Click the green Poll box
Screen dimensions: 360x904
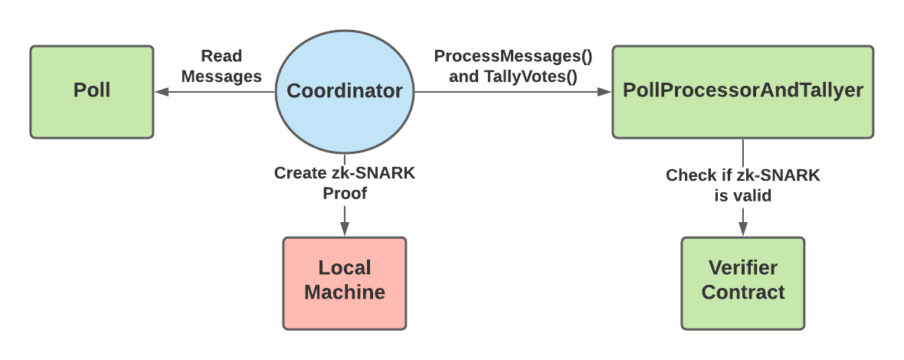pos(92,91)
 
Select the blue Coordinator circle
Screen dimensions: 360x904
pos(345,91)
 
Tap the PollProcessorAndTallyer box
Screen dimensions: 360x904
pos(742,91)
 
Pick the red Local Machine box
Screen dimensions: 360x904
pos(345,283)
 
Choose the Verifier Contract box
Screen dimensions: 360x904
pos(743,283)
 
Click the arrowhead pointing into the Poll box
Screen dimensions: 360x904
pos(160,92)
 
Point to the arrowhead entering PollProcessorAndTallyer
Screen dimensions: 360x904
pos(605,92)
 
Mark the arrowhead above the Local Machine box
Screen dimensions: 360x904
pos(345,229)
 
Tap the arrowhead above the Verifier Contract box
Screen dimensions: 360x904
pos(743,229)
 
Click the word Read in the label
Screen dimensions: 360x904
pos(221,56)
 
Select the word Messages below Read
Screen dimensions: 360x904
pos(221,76)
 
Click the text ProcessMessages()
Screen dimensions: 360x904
pos(513,56)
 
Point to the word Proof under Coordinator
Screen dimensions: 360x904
pos(345,193)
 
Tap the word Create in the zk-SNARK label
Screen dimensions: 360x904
pos(300,173)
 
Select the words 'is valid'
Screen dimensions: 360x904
pos(742,195)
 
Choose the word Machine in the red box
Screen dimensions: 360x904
pos(345,292)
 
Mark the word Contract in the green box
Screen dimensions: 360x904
pos(743,292)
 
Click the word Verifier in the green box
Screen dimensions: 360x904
pos(743,268)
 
